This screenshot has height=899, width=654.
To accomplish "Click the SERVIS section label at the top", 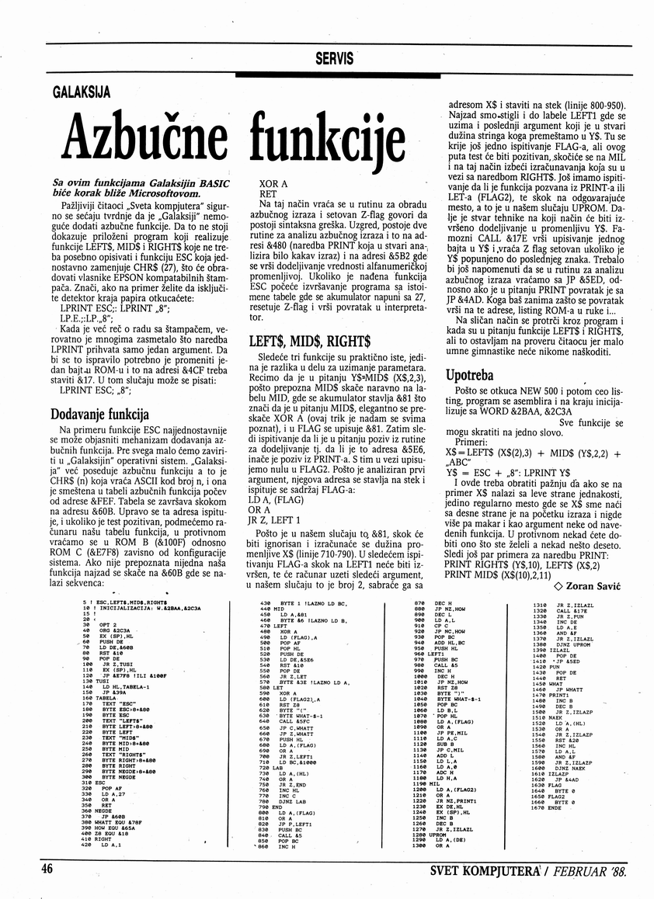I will pos(335,58).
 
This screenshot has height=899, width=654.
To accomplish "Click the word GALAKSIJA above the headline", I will pos(82,93).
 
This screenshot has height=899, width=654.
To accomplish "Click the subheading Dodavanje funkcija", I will pos(99,413).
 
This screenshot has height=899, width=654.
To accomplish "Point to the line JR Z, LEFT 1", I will pos(274,519).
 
